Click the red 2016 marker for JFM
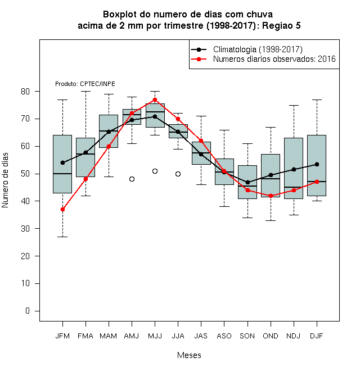(62, 210)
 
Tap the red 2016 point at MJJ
(155, 99)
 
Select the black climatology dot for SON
(247, 182)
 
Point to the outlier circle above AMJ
(132, 179)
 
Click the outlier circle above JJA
(178, 174)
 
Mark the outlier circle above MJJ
(155, 171)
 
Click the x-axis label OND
(271, 336)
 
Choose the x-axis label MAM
(109, 336)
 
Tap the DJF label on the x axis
(317, 336)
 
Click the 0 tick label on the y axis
(28, 311)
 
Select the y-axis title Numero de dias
(5, 180)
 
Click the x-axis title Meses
(189, 355)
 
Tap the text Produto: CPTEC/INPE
(85, 84)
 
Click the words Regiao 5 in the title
(281, 25)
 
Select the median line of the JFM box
(62, 174)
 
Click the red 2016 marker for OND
(271, 196)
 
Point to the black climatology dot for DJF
(317, 164)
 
